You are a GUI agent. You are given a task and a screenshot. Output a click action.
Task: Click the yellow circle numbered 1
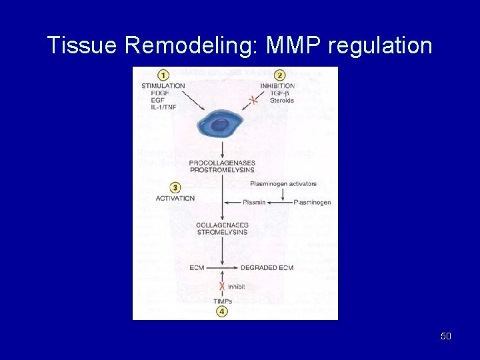click(163, 75)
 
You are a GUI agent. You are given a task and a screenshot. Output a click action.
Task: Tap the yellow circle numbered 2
click(280, 75)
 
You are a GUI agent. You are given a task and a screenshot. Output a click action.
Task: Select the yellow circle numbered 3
click(175, 188)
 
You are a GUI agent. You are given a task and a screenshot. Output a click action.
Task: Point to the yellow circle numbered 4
click(222, 311)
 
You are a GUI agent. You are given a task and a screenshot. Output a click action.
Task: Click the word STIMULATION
click(163, 86)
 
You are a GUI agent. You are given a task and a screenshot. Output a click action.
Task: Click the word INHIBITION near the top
click(278, 86)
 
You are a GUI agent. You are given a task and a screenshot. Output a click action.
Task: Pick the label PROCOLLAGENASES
click(222, 163)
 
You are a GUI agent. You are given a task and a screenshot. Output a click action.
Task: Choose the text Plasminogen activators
click(283, 183)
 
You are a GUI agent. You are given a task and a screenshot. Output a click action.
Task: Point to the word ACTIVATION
click(175, 198)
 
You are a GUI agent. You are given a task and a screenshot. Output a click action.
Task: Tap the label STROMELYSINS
click(222, 232)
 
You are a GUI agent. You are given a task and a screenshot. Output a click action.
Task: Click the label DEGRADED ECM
click(267, 267)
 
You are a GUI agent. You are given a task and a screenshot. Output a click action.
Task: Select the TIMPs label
click(222, 301)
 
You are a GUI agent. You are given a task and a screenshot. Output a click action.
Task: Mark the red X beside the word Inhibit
click(222, 286)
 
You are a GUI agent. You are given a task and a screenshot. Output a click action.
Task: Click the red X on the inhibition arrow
click(253, 101)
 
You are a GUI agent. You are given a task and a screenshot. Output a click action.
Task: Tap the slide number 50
click(446, 336)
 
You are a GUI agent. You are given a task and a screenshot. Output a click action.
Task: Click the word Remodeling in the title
click(193, 45)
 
